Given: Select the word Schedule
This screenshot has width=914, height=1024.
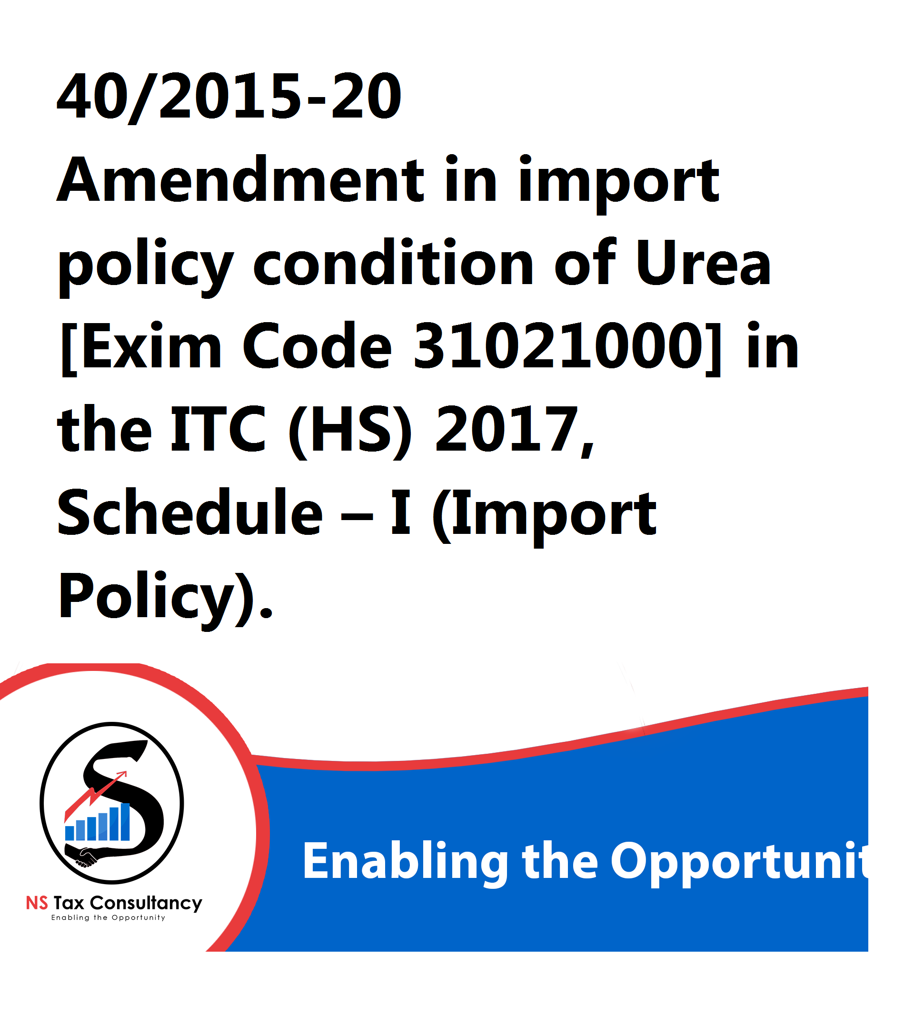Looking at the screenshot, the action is (x=190, y=512).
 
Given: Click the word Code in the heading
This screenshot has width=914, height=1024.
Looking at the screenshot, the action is (x=317, y=346).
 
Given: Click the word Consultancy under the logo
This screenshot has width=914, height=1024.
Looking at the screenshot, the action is (x=146, y=904).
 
